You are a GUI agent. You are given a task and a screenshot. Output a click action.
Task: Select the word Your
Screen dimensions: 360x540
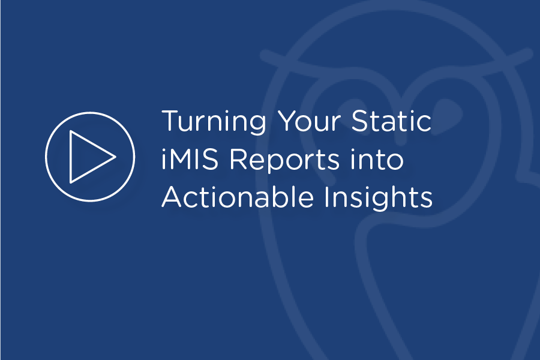[313, 122]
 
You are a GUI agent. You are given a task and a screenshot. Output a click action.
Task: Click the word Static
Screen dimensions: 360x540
[394, 122]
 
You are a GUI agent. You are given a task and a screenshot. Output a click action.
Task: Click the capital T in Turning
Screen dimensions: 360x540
[169, 122]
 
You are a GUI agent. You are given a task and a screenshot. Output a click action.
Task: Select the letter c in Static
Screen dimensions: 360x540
[424, 124]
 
